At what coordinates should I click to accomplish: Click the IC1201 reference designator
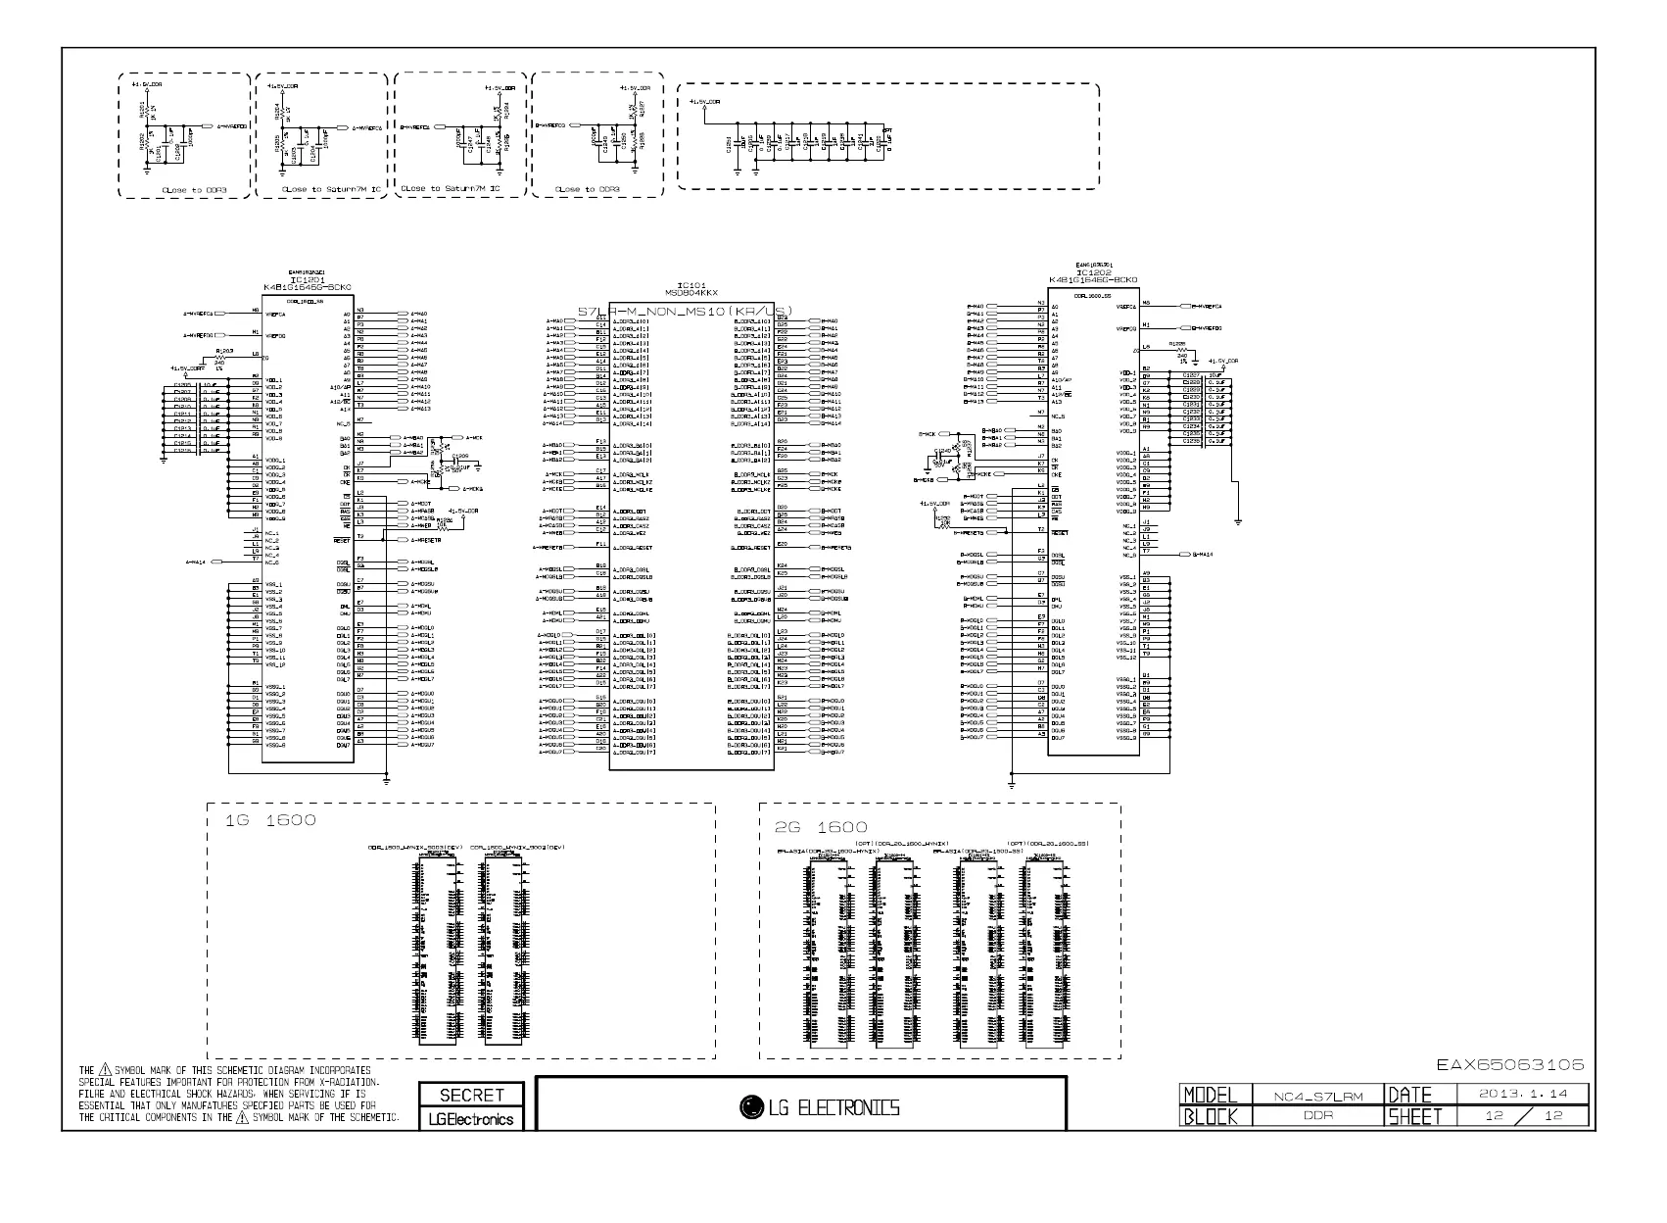click(x=300, y=278)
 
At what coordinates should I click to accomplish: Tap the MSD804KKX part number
click(x=691, y=292)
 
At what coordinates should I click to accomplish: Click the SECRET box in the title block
click(x=471, y=1095)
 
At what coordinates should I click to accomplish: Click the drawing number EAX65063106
click(x=1509, y=1064)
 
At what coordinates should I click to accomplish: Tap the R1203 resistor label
click(x=224, y=349)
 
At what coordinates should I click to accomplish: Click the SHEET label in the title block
click(x=1413, y=1116)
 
